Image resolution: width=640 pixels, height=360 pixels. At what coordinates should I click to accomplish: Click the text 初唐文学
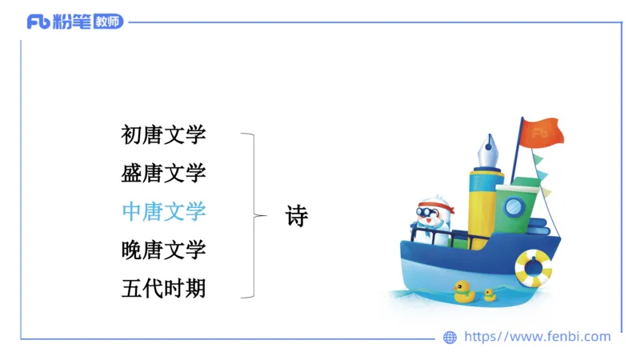163,135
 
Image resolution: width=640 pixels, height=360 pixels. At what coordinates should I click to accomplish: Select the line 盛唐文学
163,173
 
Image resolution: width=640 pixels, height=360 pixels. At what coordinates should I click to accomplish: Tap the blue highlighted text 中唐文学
163,211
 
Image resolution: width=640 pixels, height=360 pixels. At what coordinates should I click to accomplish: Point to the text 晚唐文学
163,250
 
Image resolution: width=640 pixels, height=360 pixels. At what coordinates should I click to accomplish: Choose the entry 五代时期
163,287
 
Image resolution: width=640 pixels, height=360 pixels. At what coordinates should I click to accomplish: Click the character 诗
297,216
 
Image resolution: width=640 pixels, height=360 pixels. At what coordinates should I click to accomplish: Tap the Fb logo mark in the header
38,22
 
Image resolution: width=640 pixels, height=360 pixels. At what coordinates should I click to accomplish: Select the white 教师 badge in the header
108,22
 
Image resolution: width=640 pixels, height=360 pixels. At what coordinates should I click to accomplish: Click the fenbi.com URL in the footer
537,337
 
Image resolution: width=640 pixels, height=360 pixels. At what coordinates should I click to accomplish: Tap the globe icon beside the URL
450,338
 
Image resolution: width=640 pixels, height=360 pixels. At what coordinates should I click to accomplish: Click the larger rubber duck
464,291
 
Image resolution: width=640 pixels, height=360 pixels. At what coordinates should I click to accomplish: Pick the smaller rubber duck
490,294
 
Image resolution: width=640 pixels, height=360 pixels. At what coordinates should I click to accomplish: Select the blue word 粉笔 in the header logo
71,22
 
